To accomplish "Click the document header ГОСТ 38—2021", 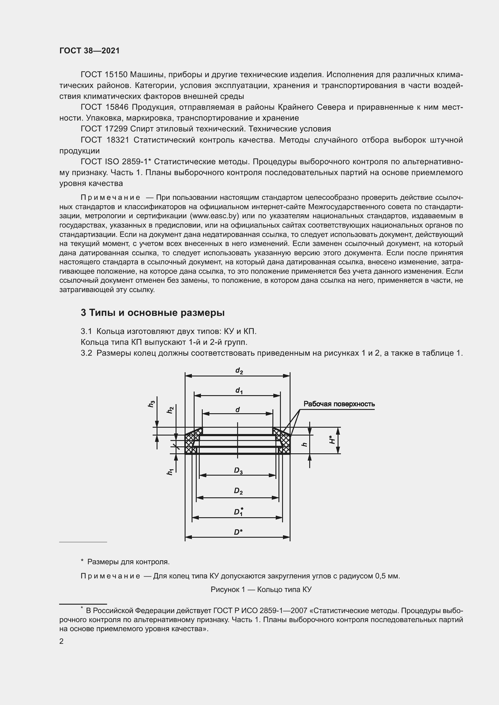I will pyautogui.click(x=89, y=51).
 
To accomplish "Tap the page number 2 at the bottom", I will pyautogui.click(x=62, y=641).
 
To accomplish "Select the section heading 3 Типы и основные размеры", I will pyautogui.click(x=152, y=313).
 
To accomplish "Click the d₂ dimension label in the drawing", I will pyautogui.click(x=239, y=371).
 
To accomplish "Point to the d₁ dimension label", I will pyautogui.click(x=239, y=391).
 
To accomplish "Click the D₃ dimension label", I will pyautogui.click(x=238, y=471).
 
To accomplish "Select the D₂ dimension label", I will pyautogui.click(x=238, y=491).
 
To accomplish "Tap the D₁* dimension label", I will pyautogui.click(x=238, y=511).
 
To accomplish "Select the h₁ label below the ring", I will pyautogui.click(x=170, y=472).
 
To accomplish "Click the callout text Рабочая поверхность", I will pyautogui.click(x=339, y=404).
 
